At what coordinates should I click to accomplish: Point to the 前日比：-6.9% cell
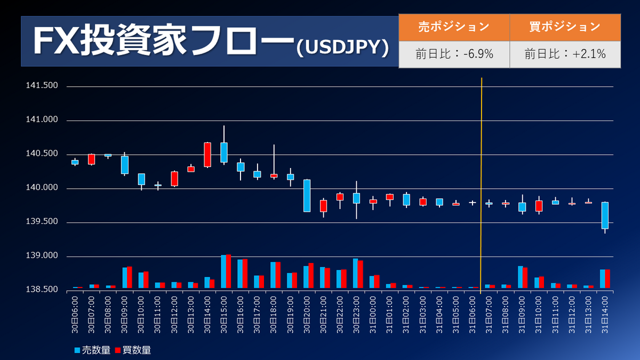click(x=454, y=54)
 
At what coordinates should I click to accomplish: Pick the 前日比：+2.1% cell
click(x=565, y=54)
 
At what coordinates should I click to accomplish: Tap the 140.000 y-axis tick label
click(x=42, y=188)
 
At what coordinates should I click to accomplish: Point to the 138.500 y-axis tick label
click(x=42, y=290)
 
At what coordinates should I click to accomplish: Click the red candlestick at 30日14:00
click(x=207, y=155)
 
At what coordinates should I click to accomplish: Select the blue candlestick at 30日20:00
click(x=307, y=196)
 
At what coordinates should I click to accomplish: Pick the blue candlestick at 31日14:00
click(x=605, y=215)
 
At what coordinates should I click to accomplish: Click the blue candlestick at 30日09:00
click(x=125, y=165)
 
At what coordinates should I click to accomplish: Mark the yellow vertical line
click(x=482, y=181)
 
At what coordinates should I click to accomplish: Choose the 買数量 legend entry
click(x=133, y=350)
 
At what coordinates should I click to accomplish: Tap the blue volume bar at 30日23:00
click(x=355, y=273)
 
